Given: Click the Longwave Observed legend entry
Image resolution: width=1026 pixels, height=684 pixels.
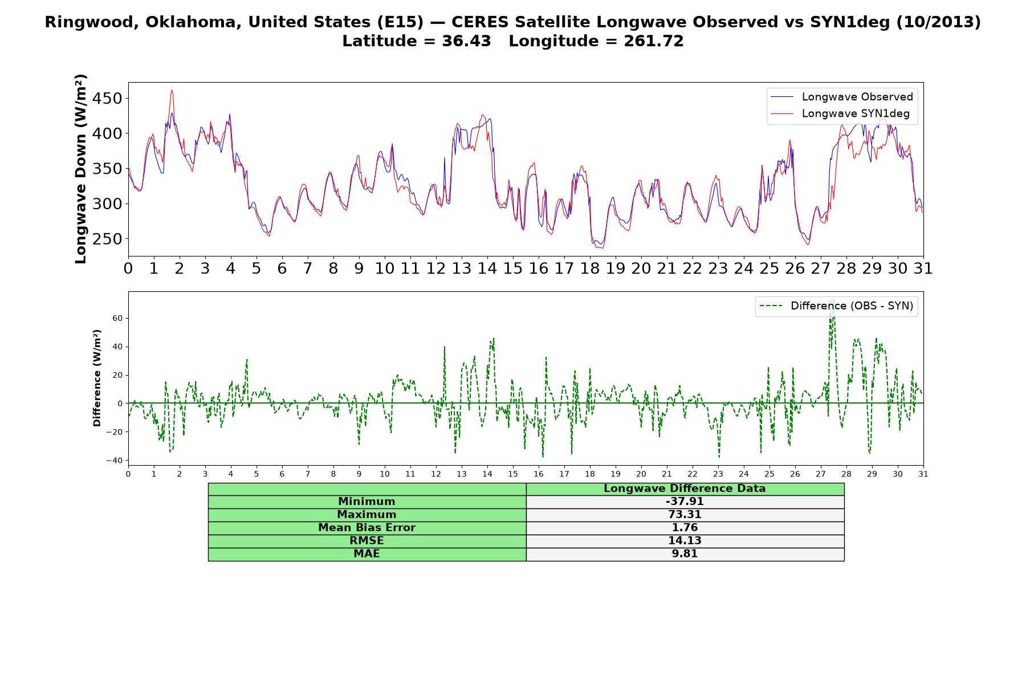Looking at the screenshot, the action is [x=842, y=97].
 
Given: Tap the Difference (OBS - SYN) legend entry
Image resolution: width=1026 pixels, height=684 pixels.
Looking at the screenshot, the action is [x=836, y=306].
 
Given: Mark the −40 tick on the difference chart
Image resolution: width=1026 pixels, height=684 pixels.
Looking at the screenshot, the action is [x=115, y=461].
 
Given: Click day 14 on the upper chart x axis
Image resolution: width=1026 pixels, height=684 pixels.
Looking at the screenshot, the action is [x=487, y=268].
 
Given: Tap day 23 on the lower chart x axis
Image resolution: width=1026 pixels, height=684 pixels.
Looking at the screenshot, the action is [x=718, y=474].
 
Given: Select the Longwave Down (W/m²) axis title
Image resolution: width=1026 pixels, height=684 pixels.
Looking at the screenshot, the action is [x=81, y=169].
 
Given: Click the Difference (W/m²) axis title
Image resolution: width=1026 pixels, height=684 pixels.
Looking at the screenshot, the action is [x=97, y=378].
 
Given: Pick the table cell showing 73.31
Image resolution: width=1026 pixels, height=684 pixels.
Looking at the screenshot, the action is [x=685, y=515].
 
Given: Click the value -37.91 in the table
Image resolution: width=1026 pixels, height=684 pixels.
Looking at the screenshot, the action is [x=685, y=502].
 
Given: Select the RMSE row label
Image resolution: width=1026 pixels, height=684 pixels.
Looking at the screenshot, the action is [x=367, y=541].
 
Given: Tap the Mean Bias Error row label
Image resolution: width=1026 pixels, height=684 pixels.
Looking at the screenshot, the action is [x=367, y=528].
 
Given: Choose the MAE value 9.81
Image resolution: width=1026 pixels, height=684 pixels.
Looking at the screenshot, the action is [x=685, y=554].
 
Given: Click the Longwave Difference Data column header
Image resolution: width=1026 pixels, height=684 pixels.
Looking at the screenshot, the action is [x=685, y=488].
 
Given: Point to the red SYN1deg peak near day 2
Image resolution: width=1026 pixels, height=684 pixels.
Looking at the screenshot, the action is [x=172, y=90].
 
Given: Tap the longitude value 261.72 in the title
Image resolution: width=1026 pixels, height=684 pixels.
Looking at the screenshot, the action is [x=654, y=41].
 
